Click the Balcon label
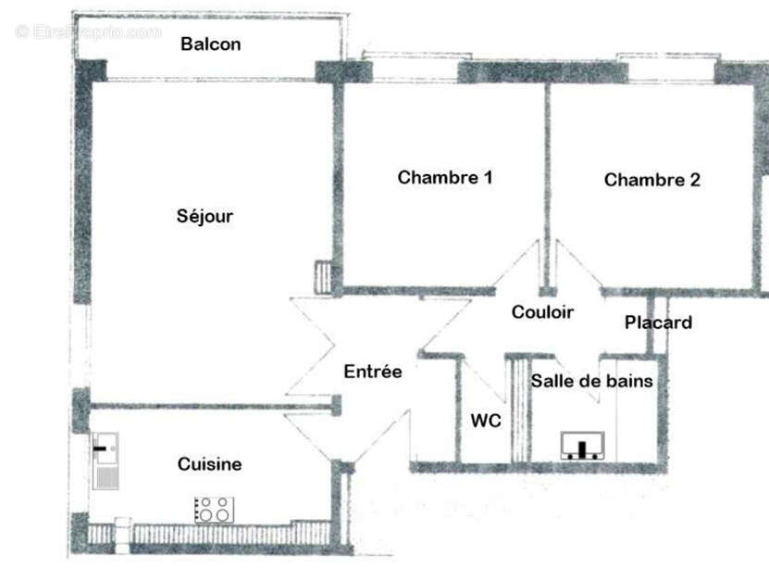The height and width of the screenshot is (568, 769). coord(211,44)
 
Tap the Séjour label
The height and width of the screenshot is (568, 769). coord(205,217)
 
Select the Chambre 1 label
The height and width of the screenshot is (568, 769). coord(444,177)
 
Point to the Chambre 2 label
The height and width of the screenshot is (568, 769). coord(651,180)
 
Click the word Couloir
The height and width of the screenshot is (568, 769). coord(542,312)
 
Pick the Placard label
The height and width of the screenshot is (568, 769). coord(658,322)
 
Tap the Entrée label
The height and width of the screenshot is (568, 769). coord(373,372)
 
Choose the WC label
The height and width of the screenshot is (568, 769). coord(486,421)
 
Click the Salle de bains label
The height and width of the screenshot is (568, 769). coord(591,381)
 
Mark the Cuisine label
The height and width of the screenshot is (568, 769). coord(210,464)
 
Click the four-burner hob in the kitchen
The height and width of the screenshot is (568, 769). coord(214,509)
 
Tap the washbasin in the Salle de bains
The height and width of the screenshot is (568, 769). coord(583,447)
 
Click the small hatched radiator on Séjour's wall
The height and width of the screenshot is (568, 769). coord(323,276)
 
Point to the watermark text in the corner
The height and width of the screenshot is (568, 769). coord(89,32)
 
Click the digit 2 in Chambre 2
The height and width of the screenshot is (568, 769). coord(694,180)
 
